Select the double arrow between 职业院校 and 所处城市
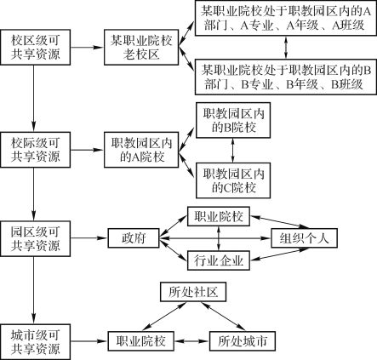191,341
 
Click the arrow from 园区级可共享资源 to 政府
89,238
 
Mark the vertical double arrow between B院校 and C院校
233,151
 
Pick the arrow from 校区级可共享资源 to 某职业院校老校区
87,48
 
